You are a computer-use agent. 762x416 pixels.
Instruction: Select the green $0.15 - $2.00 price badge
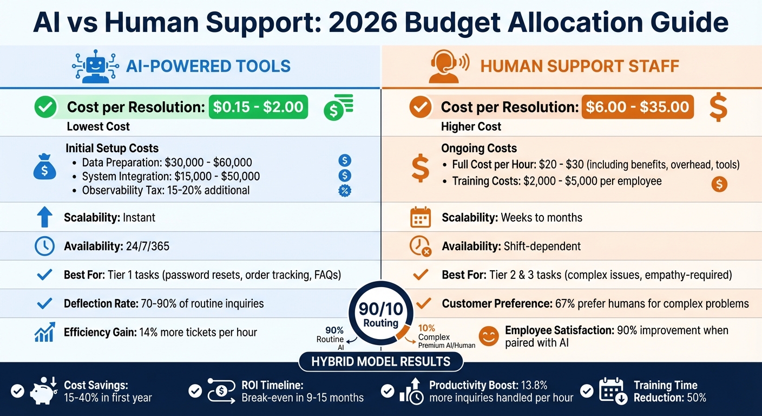tap(258, 107)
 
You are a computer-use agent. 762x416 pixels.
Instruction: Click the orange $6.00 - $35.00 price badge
tap(637, 107)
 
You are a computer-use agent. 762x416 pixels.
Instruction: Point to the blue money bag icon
tap(44, 168)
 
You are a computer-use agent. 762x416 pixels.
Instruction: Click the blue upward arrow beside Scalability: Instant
tap(44, 217)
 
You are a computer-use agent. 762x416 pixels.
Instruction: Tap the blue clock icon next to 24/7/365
tap(44, 246)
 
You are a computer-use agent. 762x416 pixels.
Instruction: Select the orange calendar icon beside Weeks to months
tap(421, 217)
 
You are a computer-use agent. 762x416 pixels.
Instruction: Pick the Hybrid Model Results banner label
tap(381, 361)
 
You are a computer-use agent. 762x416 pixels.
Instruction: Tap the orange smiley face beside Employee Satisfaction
tap(489, 336)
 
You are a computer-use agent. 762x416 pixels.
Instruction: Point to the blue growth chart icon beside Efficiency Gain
tap(44, 332)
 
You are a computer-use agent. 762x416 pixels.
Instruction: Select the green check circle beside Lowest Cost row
tap(45, 107)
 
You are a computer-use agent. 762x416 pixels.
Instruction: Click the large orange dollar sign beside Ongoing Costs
tap(420, 167)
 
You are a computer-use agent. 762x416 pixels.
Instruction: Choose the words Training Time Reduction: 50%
tap(670, 391)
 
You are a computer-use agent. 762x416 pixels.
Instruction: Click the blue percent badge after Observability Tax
tap(344, 190)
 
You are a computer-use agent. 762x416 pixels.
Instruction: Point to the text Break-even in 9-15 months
tap(303, 398)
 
